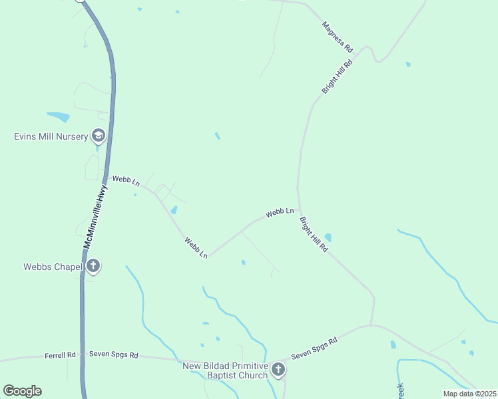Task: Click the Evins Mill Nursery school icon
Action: coord(99,136)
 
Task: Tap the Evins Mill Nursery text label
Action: coord(51,137)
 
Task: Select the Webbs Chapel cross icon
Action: coord(93,267)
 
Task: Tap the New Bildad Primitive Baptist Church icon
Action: coord(278,370)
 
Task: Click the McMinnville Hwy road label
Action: coord(95,217)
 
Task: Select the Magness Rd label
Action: coord(337,37)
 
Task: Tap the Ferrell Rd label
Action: coord(61,356)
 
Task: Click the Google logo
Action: coord(22,391)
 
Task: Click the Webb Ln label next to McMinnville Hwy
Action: coord(126,180)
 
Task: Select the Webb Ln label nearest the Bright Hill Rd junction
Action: coord(280,213)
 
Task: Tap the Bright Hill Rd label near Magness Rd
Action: coord(336,74)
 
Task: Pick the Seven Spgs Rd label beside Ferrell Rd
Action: coord(113,356)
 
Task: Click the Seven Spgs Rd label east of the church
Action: coord(314,348)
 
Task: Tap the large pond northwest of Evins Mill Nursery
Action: coord(58,117)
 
